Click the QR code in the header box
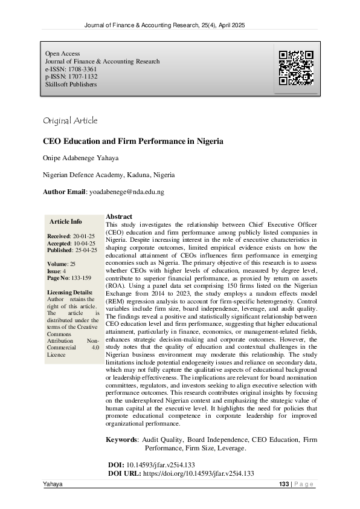[296, 68]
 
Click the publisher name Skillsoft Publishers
[71, 85]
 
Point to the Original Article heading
[70, 120]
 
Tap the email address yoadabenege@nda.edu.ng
[126, 192]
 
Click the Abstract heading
[118, 216]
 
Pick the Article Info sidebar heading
[66, 221]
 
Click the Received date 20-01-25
[85, 236]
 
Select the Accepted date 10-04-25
[85, 243]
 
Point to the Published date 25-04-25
[86, 250]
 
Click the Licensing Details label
[71, 293]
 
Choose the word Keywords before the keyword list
[122, 439]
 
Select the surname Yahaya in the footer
[53, 485]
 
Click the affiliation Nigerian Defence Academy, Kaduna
[109, 175]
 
